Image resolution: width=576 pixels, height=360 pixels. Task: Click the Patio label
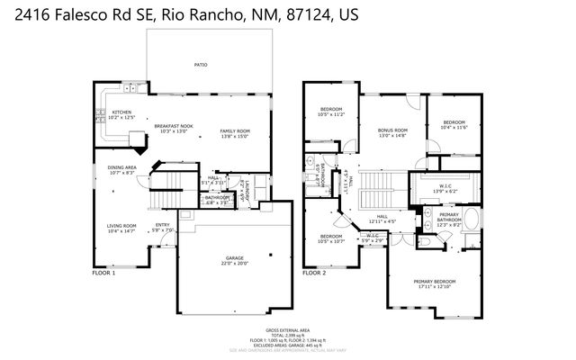[x=201, y=65]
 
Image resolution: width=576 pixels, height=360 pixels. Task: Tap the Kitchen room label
[x=121, y=112]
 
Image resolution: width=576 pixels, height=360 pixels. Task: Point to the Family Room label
[x=236, y=131]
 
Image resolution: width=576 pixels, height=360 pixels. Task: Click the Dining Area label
[x=122, y=167]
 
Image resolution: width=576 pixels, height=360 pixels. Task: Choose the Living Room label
[x=121, y=226]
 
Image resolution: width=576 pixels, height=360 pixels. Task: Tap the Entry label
[x=163, y=226]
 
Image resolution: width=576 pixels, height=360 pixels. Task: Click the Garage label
[x=235, y=259]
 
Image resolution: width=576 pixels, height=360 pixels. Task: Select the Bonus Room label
[x=392, y=130]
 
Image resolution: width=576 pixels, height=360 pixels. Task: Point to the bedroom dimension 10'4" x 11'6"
[x=453, y=128]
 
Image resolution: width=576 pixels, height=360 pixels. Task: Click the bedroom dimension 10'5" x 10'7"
[x=331, y=241]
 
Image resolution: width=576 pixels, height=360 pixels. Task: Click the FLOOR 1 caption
[x=104, y=272]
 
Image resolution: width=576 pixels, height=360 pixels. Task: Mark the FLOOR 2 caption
[x=314, y=272]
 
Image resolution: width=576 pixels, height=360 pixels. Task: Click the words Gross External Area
[x=288, y=330]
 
